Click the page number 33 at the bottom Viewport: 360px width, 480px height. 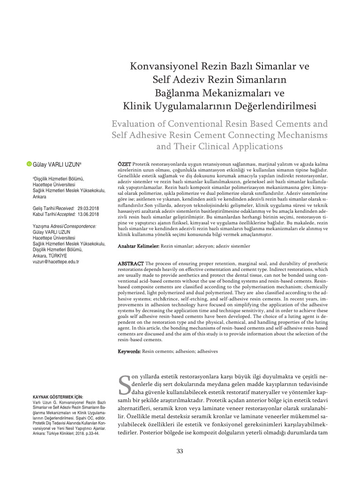tap(180, 451)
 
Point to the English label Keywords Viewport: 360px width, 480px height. tap(128, 351)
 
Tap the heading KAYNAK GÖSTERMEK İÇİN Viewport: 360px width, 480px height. tap(55, 397)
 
